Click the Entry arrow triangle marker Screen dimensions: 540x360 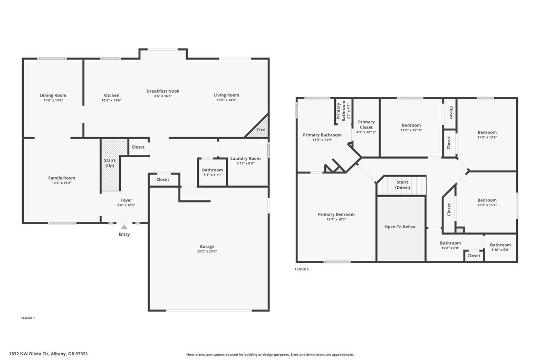124,227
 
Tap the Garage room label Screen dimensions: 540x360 207,247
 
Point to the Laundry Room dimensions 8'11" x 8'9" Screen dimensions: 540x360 246,163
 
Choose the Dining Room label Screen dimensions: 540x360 53,95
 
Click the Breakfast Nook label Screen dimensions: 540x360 163,91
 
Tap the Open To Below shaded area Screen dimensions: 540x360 401,229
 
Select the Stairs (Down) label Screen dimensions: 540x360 402,185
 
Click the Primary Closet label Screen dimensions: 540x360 366,124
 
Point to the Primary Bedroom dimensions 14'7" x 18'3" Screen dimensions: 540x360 336,219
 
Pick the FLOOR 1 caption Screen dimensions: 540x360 28,318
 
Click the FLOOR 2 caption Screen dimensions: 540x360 302,269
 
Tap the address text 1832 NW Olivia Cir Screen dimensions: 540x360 30,354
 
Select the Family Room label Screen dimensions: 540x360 62,178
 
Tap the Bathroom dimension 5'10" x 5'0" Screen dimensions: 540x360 500,250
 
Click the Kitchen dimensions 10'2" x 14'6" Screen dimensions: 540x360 111,100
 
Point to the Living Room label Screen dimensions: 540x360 226,95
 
